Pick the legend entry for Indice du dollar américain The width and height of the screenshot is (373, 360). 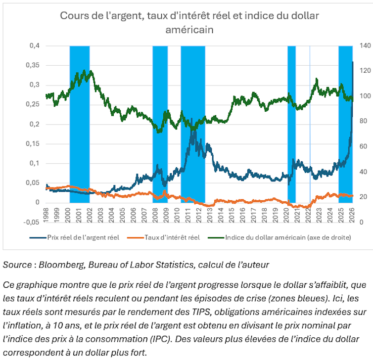click(x=287, y=237)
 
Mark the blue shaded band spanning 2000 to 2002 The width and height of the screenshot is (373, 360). click(x=79, y=124)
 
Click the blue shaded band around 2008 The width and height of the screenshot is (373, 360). click(x=160, y=124)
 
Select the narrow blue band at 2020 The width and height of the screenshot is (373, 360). click(x=291, y=124)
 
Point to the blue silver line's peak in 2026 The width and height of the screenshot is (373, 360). click(x=352, y=62)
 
